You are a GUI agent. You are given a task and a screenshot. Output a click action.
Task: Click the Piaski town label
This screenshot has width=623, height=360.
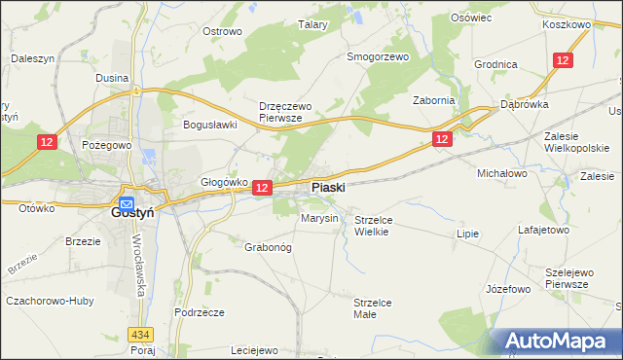[x=327, y=187]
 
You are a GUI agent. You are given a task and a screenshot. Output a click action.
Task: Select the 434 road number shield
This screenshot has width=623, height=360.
[x=141, y=334]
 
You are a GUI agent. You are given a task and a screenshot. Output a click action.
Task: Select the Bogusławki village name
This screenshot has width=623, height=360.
[x=211, y=125]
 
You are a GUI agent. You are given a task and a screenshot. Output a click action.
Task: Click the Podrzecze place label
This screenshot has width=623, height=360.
[x=200, y=312]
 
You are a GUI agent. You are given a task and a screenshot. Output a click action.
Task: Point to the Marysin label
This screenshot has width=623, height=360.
[x=319, y=219]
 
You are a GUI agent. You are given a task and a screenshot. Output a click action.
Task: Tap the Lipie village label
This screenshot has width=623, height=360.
[x=469, y=234]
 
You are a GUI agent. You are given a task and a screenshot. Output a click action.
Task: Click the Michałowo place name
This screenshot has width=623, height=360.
[x=501, y=172]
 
